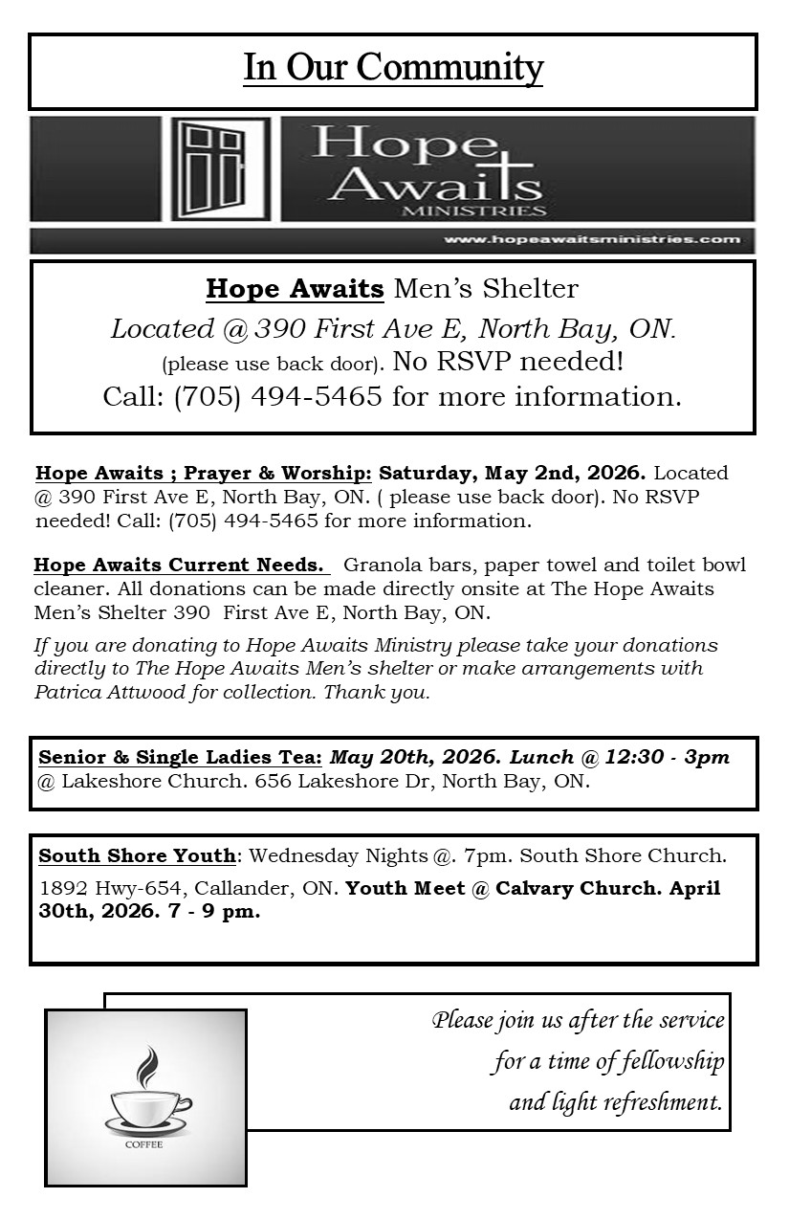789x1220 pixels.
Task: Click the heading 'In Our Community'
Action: click(x=393, y=69)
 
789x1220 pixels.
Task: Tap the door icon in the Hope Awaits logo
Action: click(x=220, y=168)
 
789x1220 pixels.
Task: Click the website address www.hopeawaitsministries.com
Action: click(x=592, y=239)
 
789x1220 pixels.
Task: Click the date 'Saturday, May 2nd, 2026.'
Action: click(x=513, y=473)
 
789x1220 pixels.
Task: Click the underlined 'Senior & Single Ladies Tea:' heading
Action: click(x=180, y=757)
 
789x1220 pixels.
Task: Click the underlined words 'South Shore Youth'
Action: click(x=137, y=854)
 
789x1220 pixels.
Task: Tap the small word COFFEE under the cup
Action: click(x=143, y=1144)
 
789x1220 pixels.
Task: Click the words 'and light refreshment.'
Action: click(x=615, y=1101)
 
